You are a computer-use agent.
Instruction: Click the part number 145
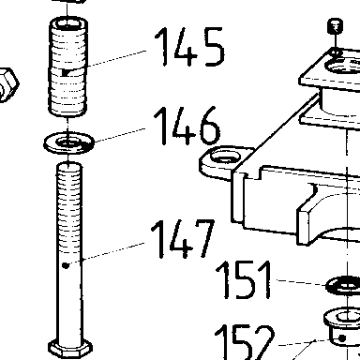pyautogui.click(x=189, y=47)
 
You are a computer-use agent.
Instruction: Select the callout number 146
pyautogui.click(x=187, y=126)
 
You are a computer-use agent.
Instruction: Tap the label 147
pyautogui.click(x=183, y=239)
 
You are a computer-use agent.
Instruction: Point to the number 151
pyautogui.click(x=244, y=279)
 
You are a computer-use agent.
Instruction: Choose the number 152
pyautogui.click(x=244, y=342)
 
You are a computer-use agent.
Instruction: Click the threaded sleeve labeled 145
pyautogui.click(x=67, y=67)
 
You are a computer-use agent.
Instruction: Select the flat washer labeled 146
pyautogui.click(x=68, y=142)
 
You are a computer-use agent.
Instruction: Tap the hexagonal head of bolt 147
pyautogui.click(x=70, y=349)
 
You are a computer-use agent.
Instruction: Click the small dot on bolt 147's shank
pyautogui.click(x=66, y=265)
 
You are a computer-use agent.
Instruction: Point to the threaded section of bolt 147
pyautogui.click(x=69, y=209)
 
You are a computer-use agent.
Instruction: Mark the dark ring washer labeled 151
pyautogui.click(x=343, y=285)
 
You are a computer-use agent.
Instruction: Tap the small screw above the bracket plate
pyautogui.click(x=336, y=26)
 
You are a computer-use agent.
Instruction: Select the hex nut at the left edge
pyautogui.click(x=8, y=84)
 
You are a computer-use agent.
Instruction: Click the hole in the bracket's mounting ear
pyautogui.click(x=225, y=156)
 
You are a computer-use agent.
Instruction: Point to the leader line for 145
pyautogui.click(x=117, y=58)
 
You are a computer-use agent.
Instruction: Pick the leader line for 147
pyautogui.click(x=113, y=251)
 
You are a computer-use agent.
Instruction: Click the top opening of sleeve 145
pyautogui.click(x=68, y=23)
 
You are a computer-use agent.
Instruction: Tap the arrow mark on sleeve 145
pyautogui.click(x=67, y=73)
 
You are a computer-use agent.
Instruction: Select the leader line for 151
pyautogui.click(x=302, y=282)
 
